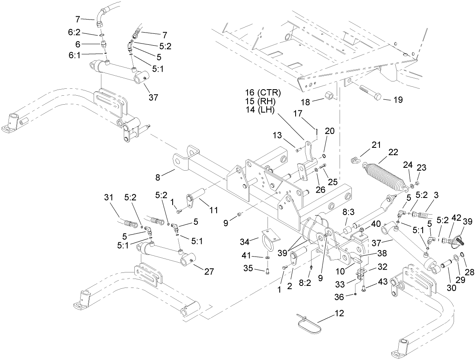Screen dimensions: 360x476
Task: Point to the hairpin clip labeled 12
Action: pyautogui.click(x=309, y=323)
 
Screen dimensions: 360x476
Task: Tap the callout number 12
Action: pyautogui.click(x=339, y=314)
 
